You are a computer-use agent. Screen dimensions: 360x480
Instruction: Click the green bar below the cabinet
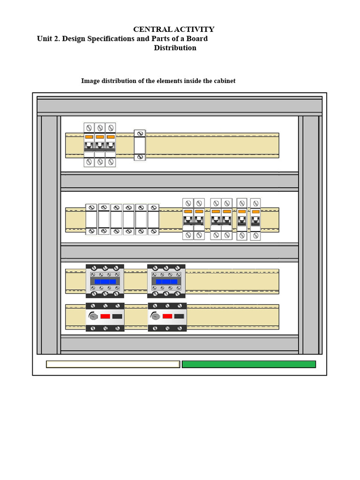pos(249,364)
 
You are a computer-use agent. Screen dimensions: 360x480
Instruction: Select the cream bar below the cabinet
pos(113,364)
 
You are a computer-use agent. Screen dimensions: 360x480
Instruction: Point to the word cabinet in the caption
pos(225,81)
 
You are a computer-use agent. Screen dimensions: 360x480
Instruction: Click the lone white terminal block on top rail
pos(140,145)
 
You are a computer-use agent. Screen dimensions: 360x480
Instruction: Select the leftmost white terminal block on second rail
pos(91,219)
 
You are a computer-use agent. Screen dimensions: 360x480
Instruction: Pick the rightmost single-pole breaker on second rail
pos(255,219)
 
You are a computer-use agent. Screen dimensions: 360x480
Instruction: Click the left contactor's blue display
pos(105,282)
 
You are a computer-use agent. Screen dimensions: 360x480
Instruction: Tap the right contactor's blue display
pos(166,282)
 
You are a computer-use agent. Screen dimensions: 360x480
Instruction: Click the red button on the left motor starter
pos(105,316)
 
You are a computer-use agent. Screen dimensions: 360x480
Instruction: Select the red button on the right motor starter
pos(167,316)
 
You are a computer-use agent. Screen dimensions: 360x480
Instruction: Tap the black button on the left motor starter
pos(117,316)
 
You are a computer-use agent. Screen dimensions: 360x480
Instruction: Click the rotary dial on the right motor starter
pos(155,316)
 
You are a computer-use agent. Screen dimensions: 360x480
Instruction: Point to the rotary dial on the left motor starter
pos(93,316)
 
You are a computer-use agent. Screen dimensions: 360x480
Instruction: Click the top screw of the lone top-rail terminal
pos(140,134)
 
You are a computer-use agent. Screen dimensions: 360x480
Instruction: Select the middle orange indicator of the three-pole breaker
pos(100,137)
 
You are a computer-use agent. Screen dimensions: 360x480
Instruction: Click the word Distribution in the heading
pos(175,48)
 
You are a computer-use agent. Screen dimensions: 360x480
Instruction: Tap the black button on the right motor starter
pos(179,316)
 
